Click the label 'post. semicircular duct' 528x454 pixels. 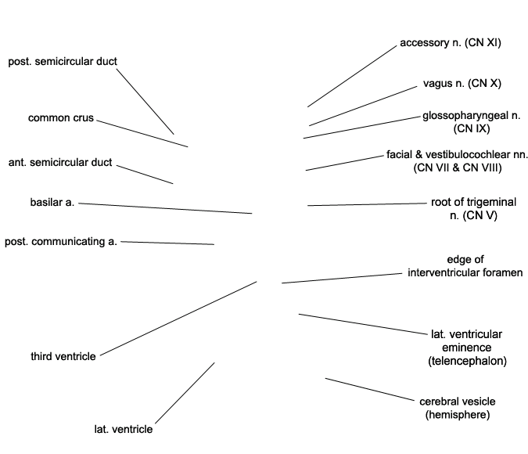[63, 61]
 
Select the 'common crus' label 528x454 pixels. [61, 118]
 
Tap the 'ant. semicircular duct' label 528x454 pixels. [60, 163]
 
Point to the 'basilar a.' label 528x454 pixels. [52, 203]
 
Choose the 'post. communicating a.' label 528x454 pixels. [61, 242]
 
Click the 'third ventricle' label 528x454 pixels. [63, 356]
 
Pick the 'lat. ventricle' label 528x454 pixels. [124, 429]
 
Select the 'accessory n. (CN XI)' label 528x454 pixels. [450, 43]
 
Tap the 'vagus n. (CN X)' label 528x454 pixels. [462, 83]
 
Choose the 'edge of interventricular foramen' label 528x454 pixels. [465, 266]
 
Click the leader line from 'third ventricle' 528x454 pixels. [178, 318]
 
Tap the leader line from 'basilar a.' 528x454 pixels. [165, 208]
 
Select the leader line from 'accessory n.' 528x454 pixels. [352, 75]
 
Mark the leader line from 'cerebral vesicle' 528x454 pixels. [371, 390]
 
